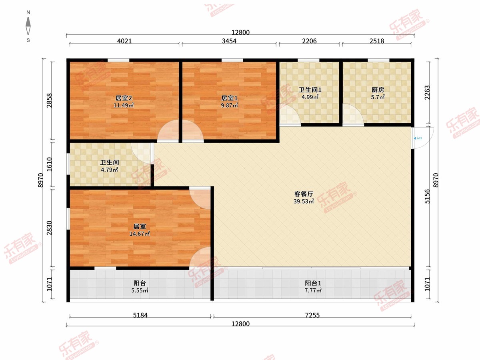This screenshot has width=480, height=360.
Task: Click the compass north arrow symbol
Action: [28, 26]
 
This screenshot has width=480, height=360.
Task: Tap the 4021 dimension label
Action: [124, 41]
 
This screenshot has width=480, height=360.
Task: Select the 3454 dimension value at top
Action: [229, 41]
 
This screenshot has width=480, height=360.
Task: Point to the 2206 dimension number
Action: [309, 41]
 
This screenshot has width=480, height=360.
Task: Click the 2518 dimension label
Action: [376, 41]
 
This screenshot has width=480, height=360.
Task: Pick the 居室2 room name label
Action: [124, 98]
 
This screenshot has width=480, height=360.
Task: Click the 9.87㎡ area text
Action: [229, 105]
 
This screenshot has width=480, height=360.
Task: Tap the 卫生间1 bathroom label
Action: [310, 90]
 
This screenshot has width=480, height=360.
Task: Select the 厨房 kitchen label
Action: [378, 90]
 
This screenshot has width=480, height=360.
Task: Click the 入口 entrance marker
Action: [418, 138]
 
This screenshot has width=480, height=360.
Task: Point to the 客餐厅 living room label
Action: [304, 194]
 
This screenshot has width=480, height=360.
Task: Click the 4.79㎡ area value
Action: [109, 170]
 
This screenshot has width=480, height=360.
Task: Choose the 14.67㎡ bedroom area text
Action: [140, 234]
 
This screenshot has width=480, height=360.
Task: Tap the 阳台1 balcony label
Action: [313, 283]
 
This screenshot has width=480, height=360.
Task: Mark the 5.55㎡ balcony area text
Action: [140, 290]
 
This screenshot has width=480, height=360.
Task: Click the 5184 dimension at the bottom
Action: [140, 315]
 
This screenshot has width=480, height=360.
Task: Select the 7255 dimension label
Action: [312, 315]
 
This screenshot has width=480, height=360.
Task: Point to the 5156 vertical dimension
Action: [427, 196]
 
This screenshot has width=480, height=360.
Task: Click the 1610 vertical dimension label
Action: [49, 164]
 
